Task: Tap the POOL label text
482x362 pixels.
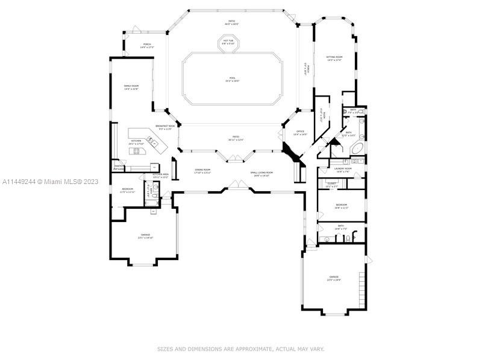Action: pyautogui.click(x=232, y=79)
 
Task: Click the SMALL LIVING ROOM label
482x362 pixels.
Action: pyautogui.click(x=262, y=174)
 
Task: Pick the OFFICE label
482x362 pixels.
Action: pyautogui.click(x=299, y=133)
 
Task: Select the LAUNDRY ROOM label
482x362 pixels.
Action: pyautogui.click(x=343, y=170)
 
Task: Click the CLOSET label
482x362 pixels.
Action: pyautogui.click(x=332, y=185)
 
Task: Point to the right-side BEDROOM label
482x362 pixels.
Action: pyautogui.click(x=341, y=206)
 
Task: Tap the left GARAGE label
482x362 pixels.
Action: pyautogui.click(x=146, y=237)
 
